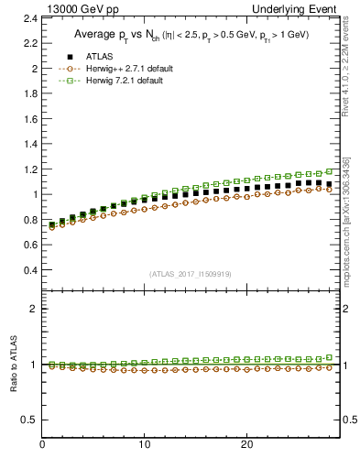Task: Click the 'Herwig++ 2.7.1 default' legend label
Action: (x=131, y=69)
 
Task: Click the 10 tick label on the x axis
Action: (x=144, y=445)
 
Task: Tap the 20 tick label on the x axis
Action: (x=245, y=445)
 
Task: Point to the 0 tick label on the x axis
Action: (x=42, y=445)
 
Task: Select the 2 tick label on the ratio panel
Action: (x=33, y=309)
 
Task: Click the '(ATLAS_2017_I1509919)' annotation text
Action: (x=190, y=274)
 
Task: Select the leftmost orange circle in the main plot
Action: (x=52, y=227)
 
